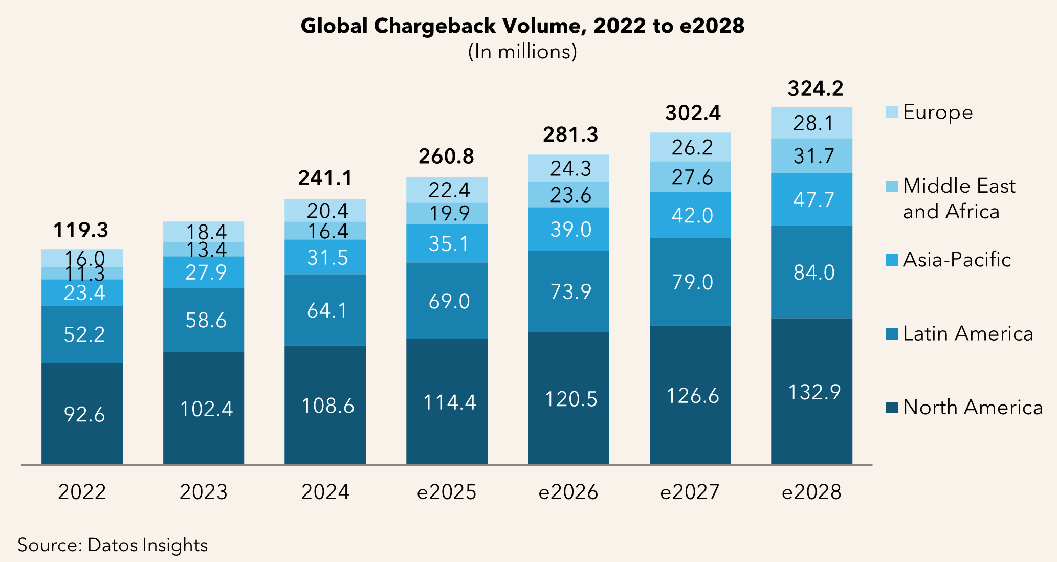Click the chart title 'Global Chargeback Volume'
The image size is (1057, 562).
pos(522,26)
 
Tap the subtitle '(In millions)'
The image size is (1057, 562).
pos(522,52)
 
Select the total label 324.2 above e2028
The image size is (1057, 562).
pos(815,88)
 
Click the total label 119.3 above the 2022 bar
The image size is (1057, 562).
pos(81,230)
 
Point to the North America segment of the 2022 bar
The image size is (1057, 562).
pos(82,414)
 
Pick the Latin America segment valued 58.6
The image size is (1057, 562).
pos(204,320)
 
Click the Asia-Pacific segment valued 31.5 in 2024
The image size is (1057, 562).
pos(325,257)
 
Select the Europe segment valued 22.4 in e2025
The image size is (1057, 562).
pos(447,190)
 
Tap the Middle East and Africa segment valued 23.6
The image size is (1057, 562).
pos(568,195)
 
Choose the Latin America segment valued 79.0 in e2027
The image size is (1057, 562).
pos(690,282)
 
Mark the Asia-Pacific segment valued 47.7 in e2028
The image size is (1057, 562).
pos(812,199)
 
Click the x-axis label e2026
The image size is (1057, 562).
pos(568,492)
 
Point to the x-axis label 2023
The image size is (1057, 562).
pos(204,492)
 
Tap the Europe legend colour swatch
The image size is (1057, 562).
pos(892,113)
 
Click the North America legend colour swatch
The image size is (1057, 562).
pos(892,408)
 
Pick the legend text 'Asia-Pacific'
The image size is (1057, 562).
pos(957,260)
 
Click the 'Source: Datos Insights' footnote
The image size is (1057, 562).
pos(113,545)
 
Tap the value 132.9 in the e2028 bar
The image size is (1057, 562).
pos(814,392)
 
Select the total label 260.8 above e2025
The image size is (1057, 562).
pos(446,156)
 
